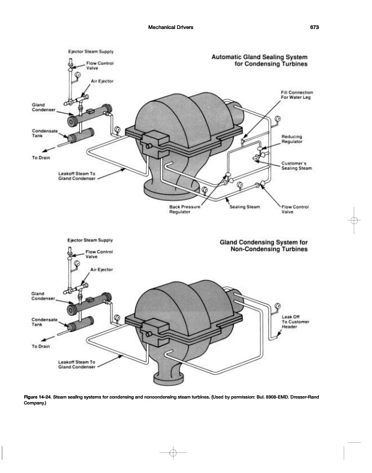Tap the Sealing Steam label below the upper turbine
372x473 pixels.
point(244,207)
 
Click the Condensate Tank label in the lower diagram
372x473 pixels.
point(44,322)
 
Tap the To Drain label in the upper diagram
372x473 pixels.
point(43,157)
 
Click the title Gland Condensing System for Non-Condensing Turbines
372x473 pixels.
point(263,246)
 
